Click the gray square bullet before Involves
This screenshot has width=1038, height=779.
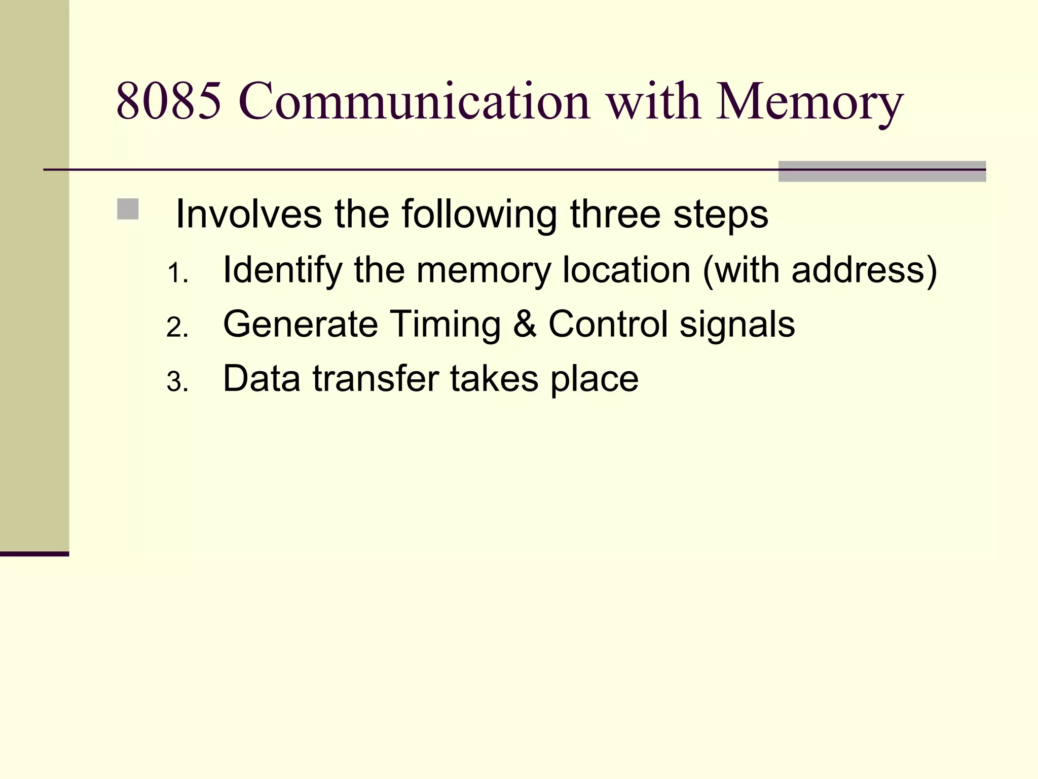[x=128, y=209]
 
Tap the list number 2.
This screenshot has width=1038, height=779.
[x=176, y=328]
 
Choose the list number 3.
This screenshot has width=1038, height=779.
[x=176, y=382]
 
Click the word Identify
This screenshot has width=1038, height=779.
[x=282, y=271]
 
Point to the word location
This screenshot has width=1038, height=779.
[x=626, y=270]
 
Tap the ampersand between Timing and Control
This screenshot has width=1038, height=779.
[x=524, y=325]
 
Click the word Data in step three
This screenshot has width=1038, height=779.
[x=262, y=379]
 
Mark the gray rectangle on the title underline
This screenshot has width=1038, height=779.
[x=881, y=171]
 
